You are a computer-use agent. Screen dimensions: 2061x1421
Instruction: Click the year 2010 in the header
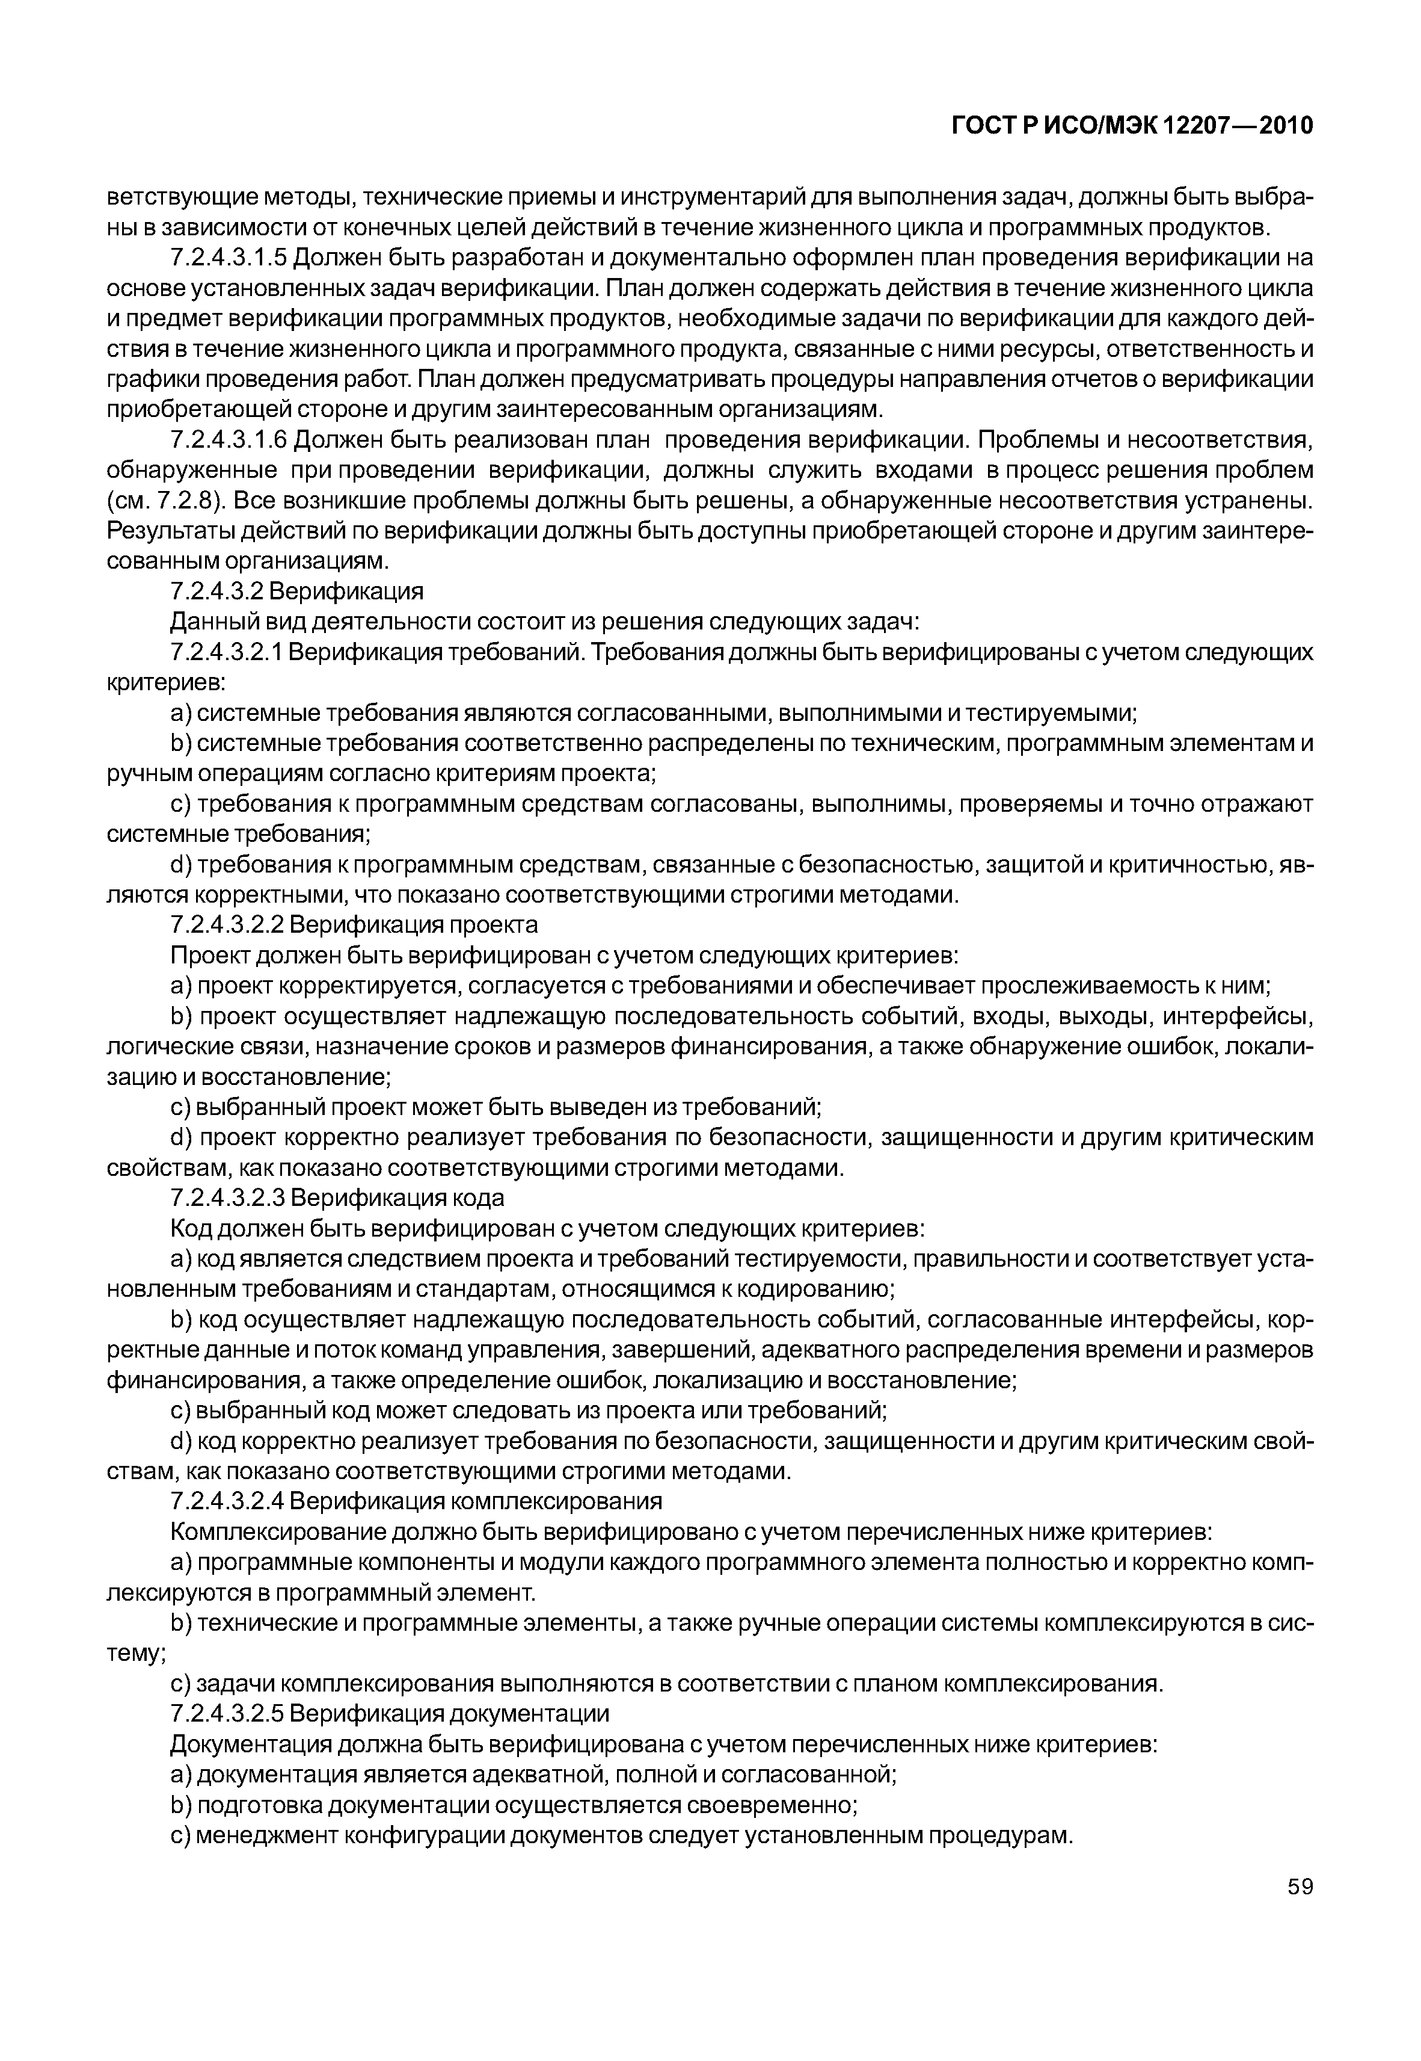tap(1286, 126)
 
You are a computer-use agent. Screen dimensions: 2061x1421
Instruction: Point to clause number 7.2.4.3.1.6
tap(229, 440)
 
